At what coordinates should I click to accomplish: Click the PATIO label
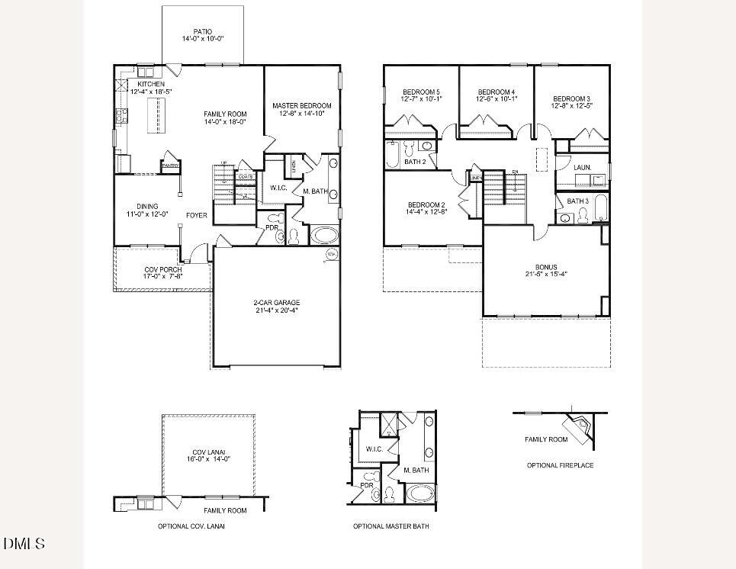(x=202, y=32)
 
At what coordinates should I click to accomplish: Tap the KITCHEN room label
(x=151, y=84)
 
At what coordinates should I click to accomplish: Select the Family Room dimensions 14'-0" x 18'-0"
(x=225, y=121)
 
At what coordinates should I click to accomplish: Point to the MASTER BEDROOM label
(x=302, y=105)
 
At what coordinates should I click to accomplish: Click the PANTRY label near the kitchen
(x=170, y=166)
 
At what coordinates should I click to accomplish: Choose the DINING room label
(x=147, y=206)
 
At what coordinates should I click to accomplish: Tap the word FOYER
(x=197, y=215)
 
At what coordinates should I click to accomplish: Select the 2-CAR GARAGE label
(x=276, y=303)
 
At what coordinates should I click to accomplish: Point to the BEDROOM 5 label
(x=420, y=92)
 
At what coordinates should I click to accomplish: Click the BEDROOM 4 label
(x=497, y=92)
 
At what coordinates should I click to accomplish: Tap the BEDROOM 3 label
(x=571, y=98)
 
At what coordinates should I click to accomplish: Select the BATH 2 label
(x=415, y=162)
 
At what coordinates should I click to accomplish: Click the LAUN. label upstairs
(x=582, y=167)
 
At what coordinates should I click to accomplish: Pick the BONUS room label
(x=545, y=267)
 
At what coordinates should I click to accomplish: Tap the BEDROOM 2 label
(x=426, y=204)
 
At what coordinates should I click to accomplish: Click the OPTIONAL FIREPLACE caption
(x=560, y=465)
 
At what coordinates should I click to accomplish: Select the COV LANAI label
(x=209, y=452)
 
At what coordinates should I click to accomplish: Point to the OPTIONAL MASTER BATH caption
(x=390, y=526)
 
